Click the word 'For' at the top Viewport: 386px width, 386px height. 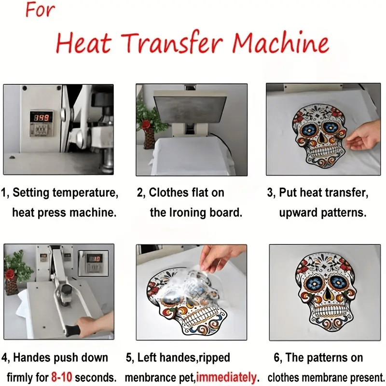coord(40,10)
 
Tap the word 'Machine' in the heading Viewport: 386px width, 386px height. coord(281,42)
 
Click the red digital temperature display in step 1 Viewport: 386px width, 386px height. coord(41,117)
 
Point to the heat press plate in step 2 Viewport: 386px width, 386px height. coord(190,108)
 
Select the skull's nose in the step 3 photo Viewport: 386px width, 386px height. coord(321,138)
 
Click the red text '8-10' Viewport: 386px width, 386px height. coord(62,377)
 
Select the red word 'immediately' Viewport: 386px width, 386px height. coord(226,377)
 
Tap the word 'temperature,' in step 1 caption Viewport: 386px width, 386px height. coord(85,193)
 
